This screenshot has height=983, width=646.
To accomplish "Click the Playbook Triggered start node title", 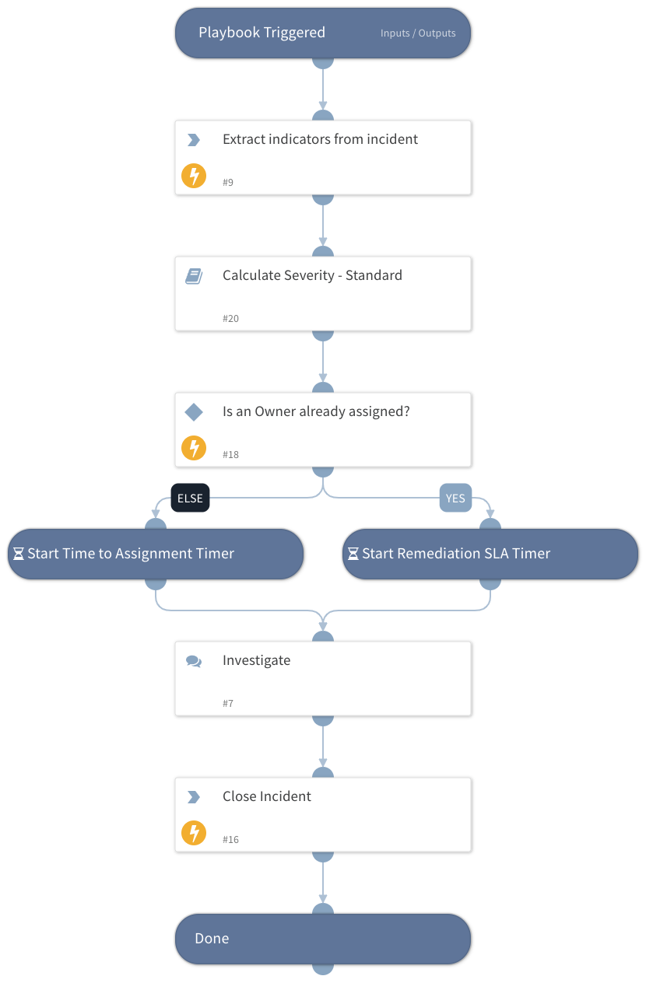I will tap(262, 33).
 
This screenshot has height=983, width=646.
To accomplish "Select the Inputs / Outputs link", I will tap(418, 33).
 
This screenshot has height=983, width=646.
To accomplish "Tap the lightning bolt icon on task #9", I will tap(194, 176).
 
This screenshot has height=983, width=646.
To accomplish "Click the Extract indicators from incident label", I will tap(320, 139).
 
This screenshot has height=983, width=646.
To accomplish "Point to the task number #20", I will tap(230, 319).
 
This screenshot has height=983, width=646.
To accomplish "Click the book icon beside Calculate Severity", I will tap(194, 276).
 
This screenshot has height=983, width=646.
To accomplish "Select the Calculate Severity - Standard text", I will tap(312, 275).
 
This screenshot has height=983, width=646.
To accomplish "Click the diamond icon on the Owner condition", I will tap(194, 412).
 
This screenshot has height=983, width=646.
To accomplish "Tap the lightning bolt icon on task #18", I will tap(194, 448).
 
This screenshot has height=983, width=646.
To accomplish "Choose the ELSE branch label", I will tap(190, 498).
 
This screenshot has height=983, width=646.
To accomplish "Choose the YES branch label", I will tap(455, 498).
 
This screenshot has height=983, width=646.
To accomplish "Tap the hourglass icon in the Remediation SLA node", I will tap(353, 554).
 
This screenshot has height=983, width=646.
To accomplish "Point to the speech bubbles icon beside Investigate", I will tap(194, 661).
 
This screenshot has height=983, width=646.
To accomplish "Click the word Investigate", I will tap(256, 660).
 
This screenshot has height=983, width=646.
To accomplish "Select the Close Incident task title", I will tap(266, 796).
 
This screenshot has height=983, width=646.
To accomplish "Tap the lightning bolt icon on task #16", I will tap(194, 833).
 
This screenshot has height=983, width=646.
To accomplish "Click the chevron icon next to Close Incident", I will tap(194, 797).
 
